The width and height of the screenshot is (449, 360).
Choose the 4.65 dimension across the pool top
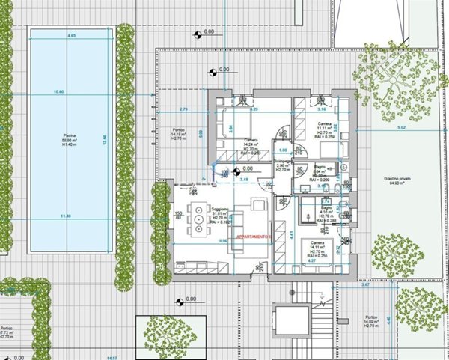point(72,36)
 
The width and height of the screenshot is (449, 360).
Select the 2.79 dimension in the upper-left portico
point(184,110)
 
